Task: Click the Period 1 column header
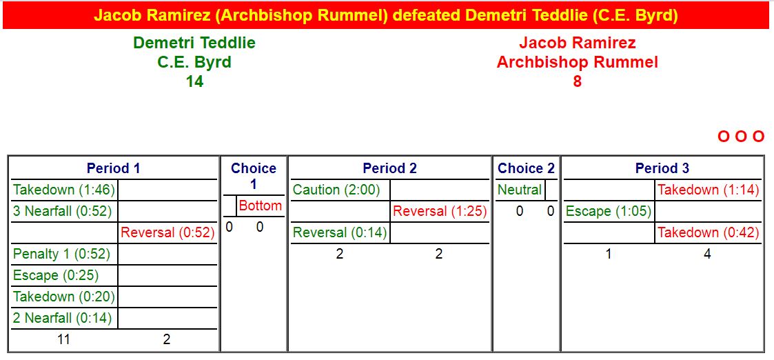[114, 168]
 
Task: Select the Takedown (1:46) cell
[64, 190]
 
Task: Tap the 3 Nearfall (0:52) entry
[63, 211]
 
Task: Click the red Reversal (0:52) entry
[168, 232]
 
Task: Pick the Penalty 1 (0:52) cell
[62, 254]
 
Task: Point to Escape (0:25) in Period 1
[56, 275]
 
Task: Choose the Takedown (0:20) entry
[64, 297]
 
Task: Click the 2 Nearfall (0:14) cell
[63, 318]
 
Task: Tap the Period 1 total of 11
[63, 340]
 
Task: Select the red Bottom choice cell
[260, 206]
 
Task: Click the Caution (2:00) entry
[336, 190]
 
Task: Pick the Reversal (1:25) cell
[440, 211]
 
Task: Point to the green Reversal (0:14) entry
[340, 232]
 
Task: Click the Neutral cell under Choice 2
[520, 190]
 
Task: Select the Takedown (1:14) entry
[709, 190]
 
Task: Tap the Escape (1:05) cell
[609, 211]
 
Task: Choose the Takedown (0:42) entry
[709, 232]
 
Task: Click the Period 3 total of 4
[707, 254]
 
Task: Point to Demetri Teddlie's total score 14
[194, 81]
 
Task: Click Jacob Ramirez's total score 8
[577, 81]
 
